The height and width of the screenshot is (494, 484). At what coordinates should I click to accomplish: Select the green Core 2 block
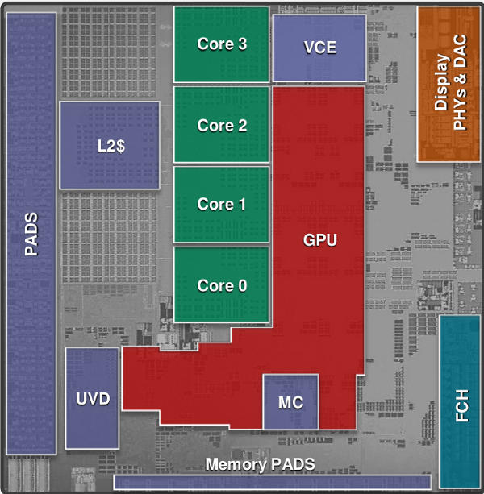(x=221, y=125)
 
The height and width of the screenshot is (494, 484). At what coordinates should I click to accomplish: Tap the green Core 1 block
(x=221, y=205)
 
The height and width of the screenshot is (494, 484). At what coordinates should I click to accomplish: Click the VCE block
(x=319, y=48)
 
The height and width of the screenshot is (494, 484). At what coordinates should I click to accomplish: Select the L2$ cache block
(x=110, y=146)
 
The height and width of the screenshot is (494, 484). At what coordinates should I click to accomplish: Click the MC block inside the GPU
(x=290, y=401)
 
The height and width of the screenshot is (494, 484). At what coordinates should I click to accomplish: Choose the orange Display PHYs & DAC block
(x=449, y=83)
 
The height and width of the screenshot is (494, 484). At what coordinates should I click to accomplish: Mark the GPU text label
(x=319, y=240)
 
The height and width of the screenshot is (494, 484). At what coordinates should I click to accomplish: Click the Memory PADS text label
(x=260, y=464)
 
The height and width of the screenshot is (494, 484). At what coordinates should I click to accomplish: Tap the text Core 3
(x=221, y=44)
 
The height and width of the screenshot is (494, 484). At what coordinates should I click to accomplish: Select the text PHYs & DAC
(x=460, y=84)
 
